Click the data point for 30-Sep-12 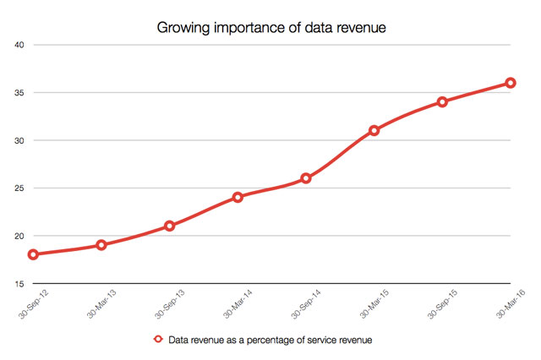point(33,254)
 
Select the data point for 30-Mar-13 point(101,245)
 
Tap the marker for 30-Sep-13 point(170,226)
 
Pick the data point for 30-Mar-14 point(238,197)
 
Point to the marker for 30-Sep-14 point(306,178)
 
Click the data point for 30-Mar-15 point(374,130)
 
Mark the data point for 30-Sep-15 point(442,101)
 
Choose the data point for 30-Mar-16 point(511,83)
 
